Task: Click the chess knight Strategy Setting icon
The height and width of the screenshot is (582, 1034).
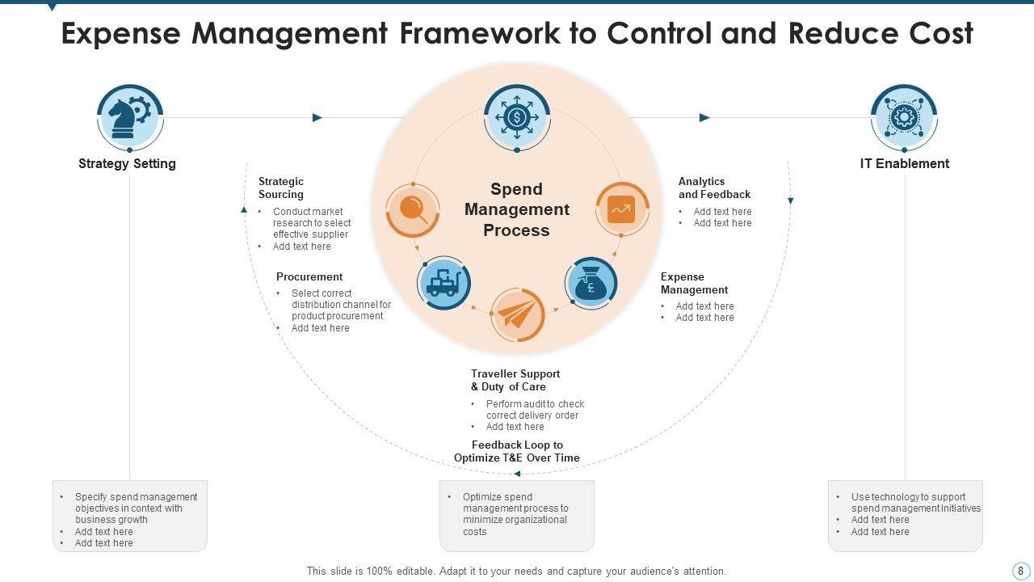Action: pos(129,118)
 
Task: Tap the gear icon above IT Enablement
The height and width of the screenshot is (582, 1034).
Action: pos(904,118)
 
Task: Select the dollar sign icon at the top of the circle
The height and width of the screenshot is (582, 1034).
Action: pos(517,118)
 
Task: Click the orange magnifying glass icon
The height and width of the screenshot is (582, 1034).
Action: pos(413,210)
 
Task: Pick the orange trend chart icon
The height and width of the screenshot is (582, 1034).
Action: pos(621,209)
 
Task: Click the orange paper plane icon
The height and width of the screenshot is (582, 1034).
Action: pos(517,314)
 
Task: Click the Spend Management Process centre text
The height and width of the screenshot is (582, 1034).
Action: pos(517,209)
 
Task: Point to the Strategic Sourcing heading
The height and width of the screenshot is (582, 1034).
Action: pos(281,188)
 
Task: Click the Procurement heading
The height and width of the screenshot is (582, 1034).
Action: pos(309,276)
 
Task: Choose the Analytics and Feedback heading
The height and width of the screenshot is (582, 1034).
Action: pos(714,188)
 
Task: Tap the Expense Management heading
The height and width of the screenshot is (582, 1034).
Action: pos(694,283)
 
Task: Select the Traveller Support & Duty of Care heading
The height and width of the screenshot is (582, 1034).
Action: pos(515,380)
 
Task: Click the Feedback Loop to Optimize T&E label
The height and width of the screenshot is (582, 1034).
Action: pos(517,451)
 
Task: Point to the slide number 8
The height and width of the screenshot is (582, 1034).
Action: pos(1020,571)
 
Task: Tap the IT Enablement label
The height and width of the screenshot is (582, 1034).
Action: pos(904,163)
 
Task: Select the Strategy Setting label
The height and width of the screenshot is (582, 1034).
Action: pos(127,163)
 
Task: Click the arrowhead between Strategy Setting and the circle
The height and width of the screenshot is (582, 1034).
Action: pos(317,118)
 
